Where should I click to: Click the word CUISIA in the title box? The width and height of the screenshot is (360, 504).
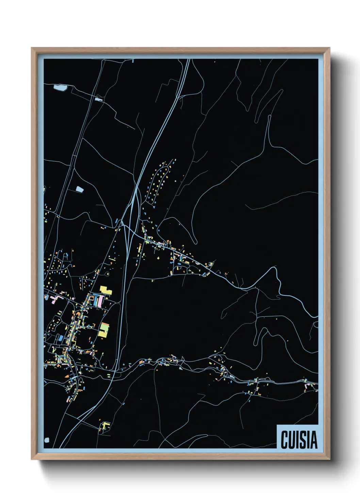(x=299, y=440)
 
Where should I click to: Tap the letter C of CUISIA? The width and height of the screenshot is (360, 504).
(x=284, y=440)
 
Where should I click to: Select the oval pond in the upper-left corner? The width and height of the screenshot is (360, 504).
(x=60, y=88)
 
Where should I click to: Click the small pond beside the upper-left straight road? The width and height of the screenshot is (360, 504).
(x=99, y=99)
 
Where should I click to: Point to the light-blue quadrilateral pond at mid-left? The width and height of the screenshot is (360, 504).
(x=79, y=189)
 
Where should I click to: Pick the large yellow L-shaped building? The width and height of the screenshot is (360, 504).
(x=105, y=290)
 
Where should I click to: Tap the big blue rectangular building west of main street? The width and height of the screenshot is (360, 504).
(x=60, y=338)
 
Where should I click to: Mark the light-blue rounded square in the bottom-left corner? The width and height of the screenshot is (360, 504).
(x=47, y=440)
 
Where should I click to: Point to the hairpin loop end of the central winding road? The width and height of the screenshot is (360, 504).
(x=196, y=242)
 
